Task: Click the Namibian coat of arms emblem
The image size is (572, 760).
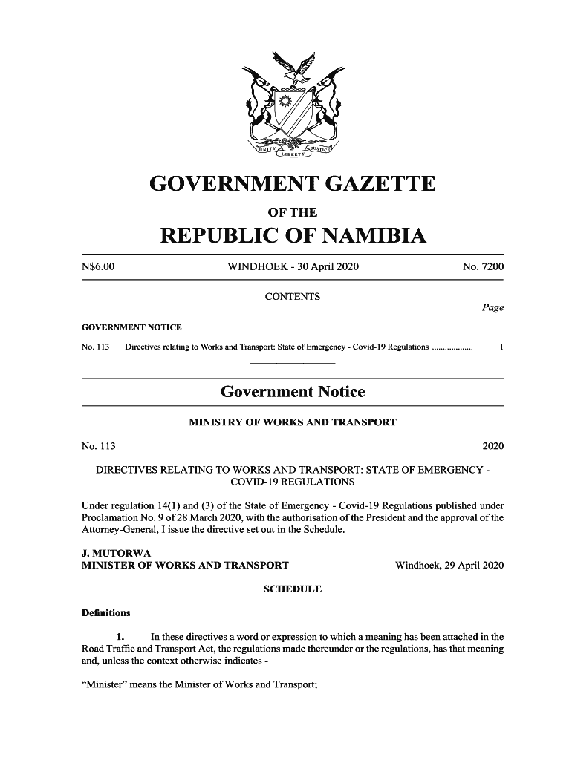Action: [293, 104]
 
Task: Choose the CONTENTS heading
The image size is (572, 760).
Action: [293, 297]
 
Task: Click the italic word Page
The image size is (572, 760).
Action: [493, 307]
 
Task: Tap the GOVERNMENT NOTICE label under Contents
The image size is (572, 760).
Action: [131, 327]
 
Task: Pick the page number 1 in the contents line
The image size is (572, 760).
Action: [502, 347]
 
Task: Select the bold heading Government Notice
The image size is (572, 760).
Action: [293, 391]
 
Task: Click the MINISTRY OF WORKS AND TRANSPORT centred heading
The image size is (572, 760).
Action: [293, 422]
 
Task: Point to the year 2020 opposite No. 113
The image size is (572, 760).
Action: [493, 446]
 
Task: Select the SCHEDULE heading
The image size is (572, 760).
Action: [293, 589]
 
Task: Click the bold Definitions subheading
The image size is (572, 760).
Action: [106, 613]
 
